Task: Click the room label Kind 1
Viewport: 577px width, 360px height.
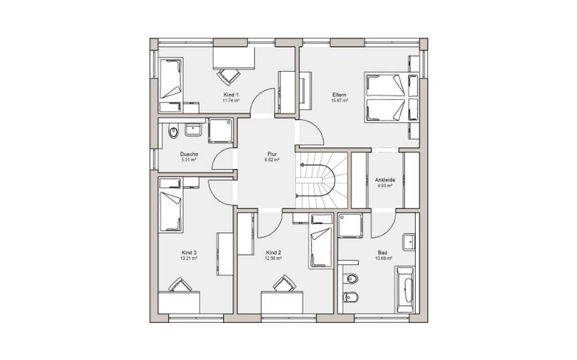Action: (x=231, y=94)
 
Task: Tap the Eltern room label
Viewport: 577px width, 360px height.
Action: (x=339, y=95)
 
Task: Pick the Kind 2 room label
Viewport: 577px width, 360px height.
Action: (x=273, y=253)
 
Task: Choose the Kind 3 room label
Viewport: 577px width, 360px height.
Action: (x=189, y=252)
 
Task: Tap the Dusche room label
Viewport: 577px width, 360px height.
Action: (x=188, y=154)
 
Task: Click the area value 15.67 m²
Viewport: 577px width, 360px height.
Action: (x=339, y=101)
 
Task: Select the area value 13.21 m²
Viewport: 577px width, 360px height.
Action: (x=189, y=259)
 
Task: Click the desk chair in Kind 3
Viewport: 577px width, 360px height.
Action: (x=180, y=285)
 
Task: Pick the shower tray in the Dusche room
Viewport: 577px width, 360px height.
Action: (x=220, y=131)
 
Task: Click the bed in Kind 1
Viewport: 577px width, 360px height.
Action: (x=171, y=81)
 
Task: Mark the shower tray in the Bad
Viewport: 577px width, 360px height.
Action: (x=351, y=227)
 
